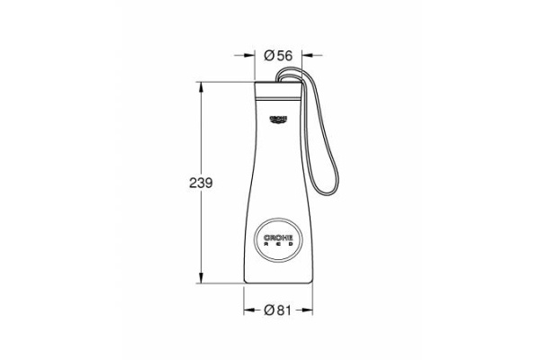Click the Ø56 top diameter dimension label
coord(278,56)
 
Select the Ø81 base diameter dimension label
coord(278,310)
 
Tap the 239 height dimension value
coord(200,184)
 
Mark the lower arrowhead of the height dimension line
coord(200,278)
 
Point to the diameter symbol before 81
coord(269,310)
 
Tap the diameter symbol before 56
coord(269,56)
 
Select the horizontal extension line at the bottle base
coord(220,282)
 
